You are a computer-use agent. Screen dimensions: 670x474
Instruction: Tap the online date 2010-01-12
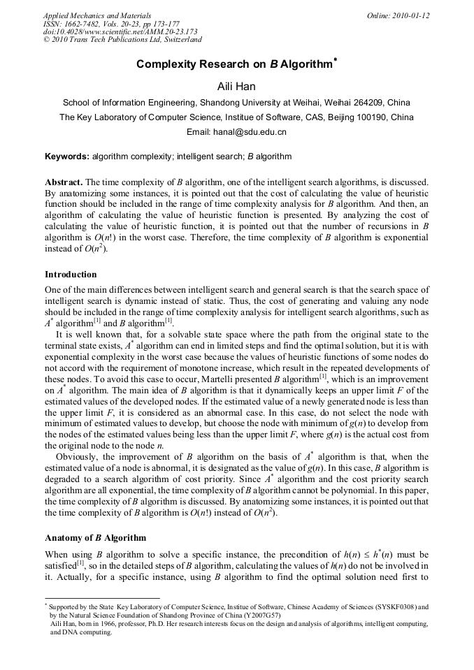(x=411, y=15)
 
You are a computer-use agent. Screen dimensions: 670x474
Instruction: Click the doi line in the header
(x=120, y=31)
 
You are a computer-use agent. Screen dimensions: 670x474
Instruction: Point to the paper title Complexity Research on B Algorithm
(x=236, y=64)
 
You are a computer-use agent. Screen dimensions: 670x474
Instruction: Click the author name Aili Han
(x=236, y=85)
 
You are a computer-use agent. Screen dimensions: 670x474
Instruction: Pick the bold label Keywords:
(x=66, y=156)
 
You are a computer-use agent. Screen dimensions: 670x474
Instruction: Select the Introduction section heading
(x=71, y=275)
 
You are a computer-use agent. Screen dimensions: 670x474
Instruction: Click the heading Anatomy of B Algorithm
(x=95, y=538)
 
